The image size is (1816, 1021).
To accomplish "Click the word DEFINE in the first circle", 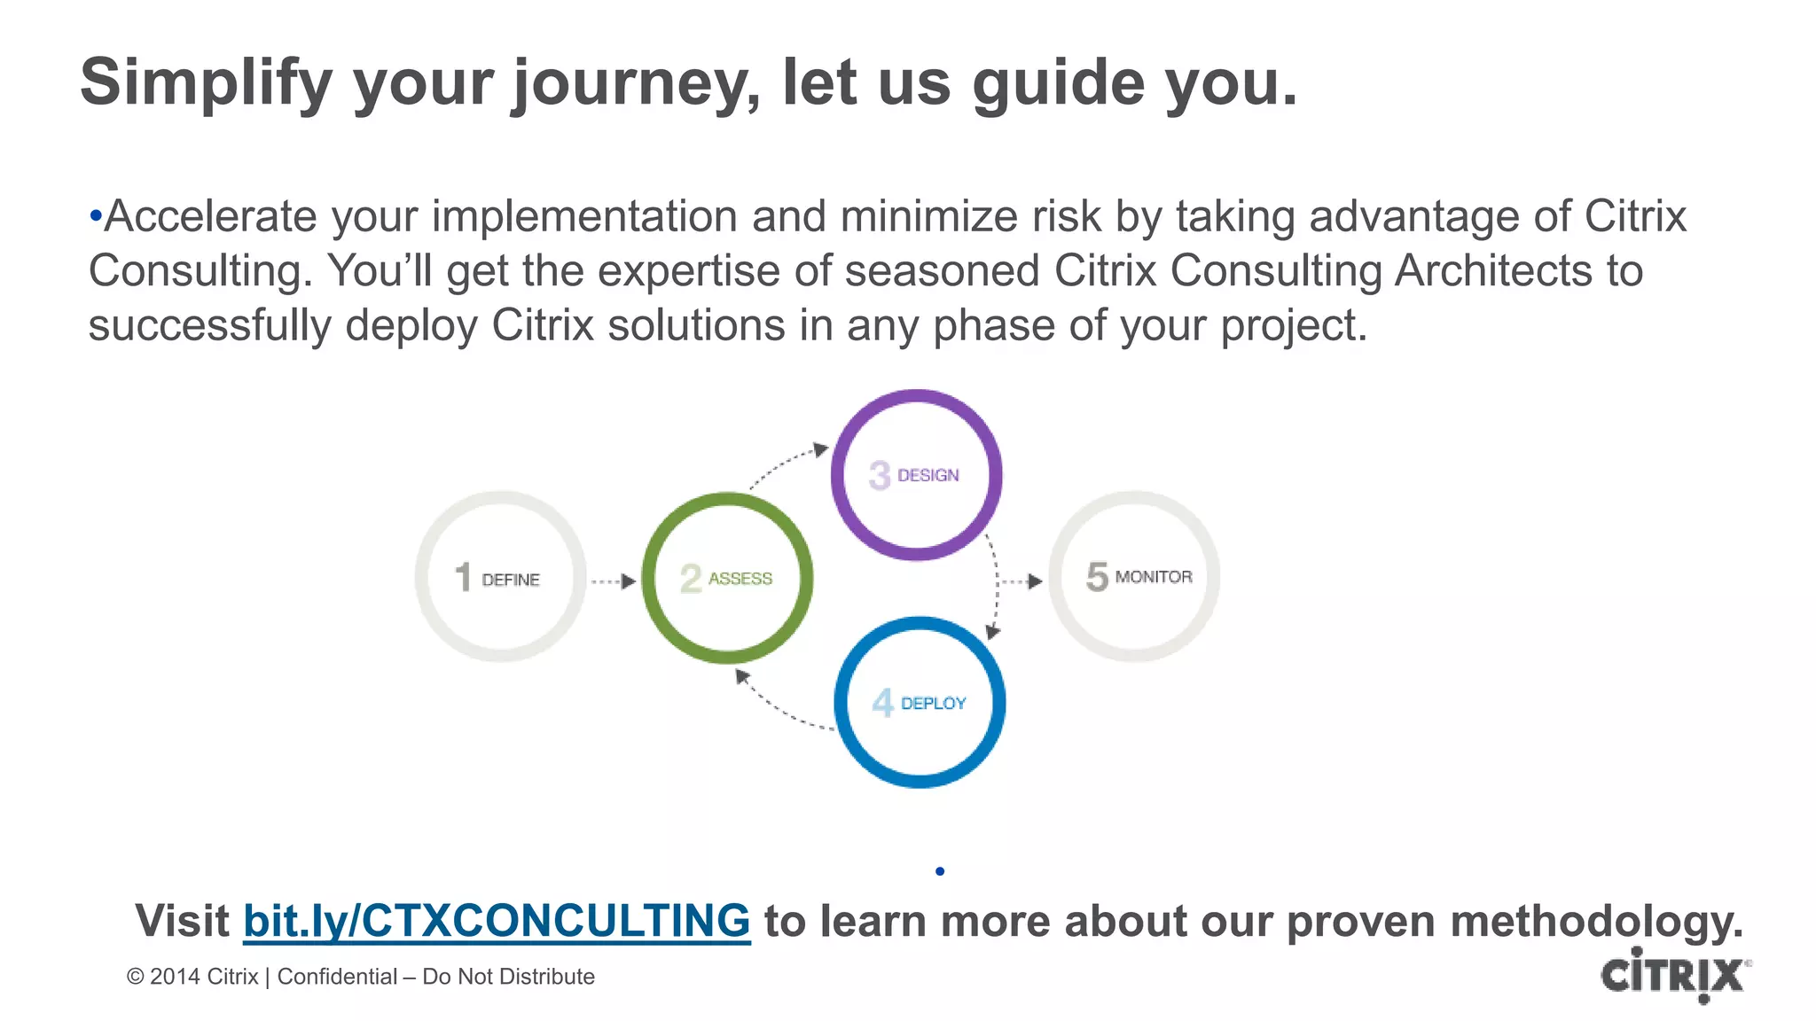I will (x=511, y=580).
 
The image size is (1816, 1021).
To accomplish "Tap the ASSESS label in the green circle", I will (x=740, y=579).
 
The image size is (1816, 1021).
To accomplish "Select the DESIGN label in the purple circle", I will (x=928, y=475).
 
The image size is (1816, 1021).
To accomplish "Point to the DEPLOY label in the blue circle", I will (x=934, y=703).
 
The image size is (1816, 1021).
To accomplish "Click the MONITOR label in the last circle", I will (x=1154, y=577).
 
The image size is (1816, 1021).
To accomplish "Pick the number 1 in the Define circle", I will (x=463, y=577).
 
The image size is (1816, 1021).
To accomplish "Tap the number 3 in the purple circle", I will (x=879, y=475).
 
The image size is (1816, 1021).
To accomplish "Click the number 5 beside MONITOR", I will (x=1097, y=577).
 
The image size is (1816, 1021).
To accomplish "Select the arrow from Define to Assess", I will (x=614, y=581).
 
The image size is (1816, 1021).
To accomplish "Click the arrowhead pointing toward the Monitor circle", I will (x=1034, y=581).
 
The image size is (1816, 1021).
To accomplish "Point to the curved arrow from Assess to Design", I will (x=786, y=463).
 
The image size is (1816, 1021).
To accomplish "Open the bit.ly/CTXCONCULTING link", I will (x=497, y=920).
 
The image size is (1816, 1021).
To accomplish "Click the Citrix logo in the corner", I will (x=1673, y=975).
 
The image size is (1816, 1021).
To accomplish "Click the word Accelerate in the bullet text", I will (x=210, y=216).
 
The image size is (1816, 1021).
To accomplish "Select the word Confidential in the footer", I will (x=337, y=977).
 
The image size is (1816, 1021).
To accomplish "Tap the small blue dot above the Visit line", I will (x=940, y=871).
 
